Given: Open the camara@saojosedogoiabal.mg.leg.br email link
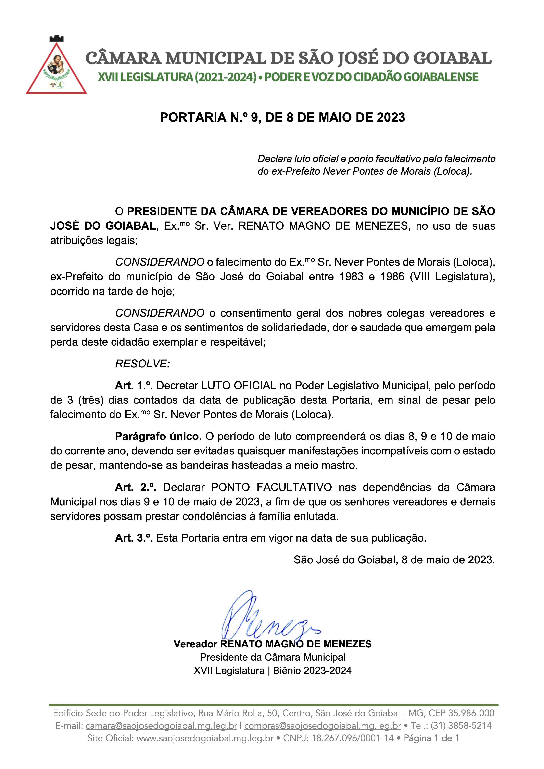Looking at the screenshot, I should [161, 726].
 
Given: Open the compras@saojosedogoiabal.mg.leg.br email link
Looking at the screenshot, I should [322, 726].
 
